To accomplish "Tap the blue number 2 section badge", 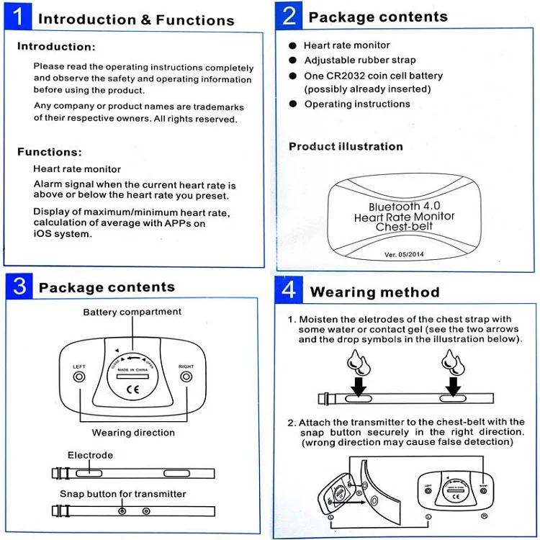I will pos(289,16).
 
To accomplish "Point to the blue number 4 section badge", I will pos(289,290).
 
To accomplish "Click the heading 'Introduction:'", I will pos(56,47).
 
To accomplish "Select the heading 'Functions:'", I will pos(50,152).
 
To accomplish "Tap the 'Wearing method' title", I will pos(374,292).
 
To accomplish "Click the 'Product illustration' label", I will pos(346,146).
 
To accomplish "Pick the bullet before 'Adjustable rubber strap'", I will pos(293,60).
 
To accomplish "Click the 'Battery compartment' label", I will pos(132,312).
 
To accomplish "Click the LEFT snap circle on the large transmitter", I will pos(79,377).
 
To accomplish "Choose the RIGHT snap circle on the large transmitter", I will pos(186,377).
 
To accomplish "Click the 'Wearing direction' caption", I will pos(133,433).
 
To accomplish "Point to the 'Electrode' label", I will pos(90,455).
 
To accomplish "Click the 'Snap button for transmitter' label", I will pos(122,494).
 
